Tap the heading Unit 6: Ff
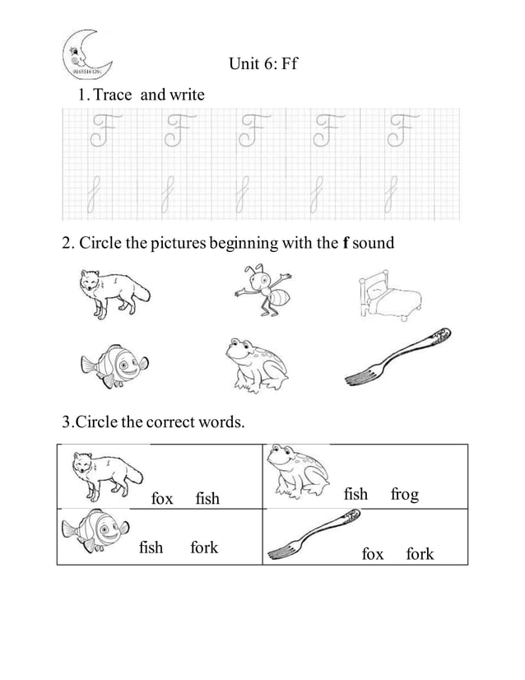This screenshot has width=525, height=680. pyautogui.click(x=262, y=63)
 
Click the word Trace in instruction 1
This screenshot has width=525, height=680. pyautogui.click(x=114, y=95)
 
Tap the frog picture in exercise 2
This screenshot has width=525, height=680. pyautogui.click(x=255, y=363)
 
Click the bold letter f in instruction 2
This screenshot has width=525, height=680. pyautogui.click(x=346, y=243)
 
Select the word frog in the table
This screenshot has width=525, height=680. pyautogui.click(x=404, y=494)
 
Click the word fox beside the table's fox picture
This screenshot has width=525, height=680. pyautogui.click(x=162, y=499)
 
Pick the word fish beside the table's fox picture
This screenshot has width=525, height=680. pyautogui.click(x=207, y=499)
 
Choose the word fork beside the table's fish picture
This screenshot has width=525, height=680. pyautogui.click(x=204, y=547)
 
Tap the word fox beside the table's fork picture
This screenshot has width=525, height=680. pyautogui.click(x=373, y=554)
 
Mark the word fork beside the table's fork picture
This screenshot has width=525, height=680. pyautogui.click(x=420, y=554)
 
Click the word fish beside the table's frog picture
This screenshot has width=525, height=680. pyautogui.click(x=355, y=494)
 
